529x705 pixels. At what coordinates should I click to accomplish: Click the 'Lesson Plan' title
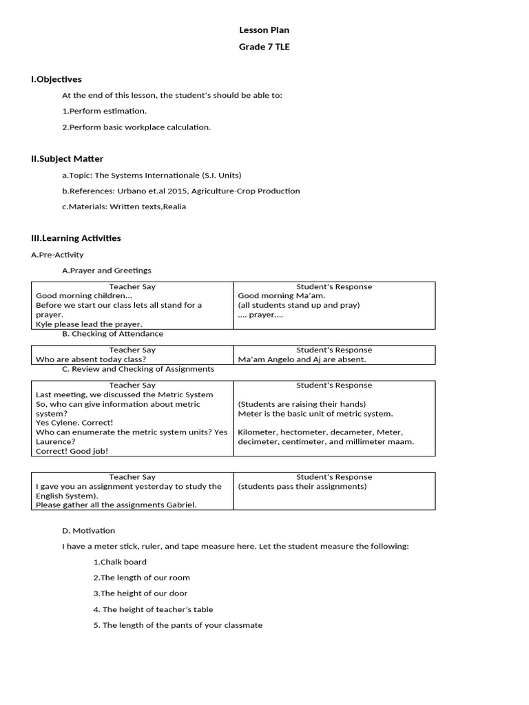[264, 30]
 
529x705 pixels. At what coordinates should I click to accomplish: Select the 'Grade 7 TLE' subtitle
[264, 48]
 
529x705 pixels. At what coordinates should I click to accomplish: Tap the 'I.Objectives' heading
[56, 80]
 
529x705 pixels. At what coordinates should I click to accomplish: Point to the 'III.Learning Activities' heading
[76, 238]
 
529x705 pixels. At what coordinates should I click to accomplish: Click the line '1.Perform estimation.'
[105, 111]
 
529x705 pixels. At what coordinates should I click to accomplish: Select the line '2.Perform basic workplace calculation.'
[136, 127]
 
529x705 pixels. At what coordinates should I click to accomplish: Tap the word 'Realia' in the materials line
[174, 207]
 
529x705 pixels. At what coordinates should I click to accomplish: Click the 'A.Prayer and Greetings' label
[107, 271]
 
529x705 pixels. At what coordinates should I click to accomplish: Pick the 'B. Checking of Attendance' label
[113, 334]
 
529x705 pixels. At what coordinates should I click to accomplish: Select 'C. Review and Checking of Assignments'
[138, 369]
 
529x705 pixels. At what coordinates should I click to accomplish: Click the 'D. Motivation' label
[89, 531]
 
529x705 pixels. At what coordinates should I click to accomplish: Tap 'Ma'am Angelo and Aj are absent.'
[302, 359]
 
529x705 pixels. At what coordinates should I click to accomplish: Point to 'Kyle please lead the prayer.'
[89, 324]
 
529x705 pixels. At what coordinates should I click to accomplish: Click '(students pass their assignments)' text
[302, 486]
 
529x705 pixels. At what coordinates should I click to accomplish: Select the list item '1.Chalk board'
[120, 562]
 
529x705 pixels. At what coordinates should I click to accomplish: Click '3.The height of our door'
[141, 593]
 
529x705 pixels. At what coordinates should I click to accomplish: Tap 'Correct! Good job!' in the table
[72, 451]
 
